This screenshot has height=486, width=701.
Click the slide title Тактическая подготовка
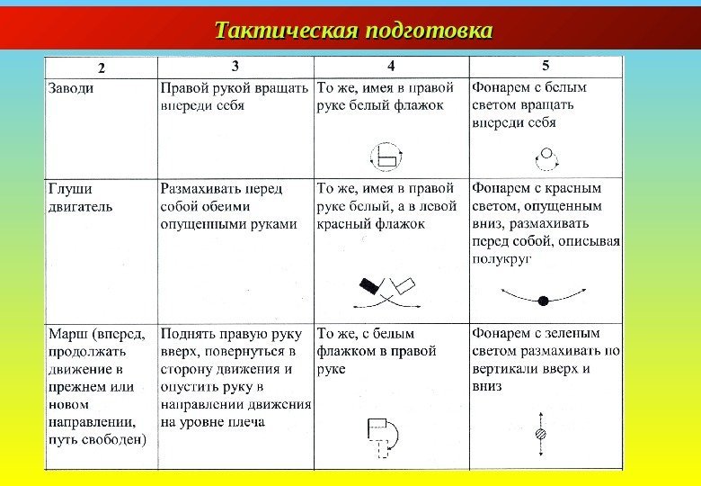point(354,30)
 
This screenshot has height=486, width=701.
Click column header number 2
point(102,67)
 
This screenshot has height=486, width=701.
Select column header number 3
point(235,66)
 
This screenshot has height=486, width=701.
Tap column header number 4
point(391,66)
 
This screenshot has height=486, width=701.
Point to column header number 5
point(546,66)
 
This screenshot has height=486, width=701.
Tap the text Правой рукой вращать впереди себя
point(235,96)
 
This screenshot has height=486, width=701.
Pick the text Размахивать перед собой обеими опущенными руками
point(228,206)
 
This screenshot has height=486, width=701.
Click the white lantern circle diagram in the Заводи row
point(546,158)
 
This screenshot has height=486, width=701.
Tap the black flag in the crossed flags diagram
point(369,286)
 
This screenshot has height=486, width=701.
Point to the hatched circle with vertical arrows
point(541,434)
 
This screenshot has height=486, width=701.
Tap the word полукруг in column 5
point(501,258)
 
